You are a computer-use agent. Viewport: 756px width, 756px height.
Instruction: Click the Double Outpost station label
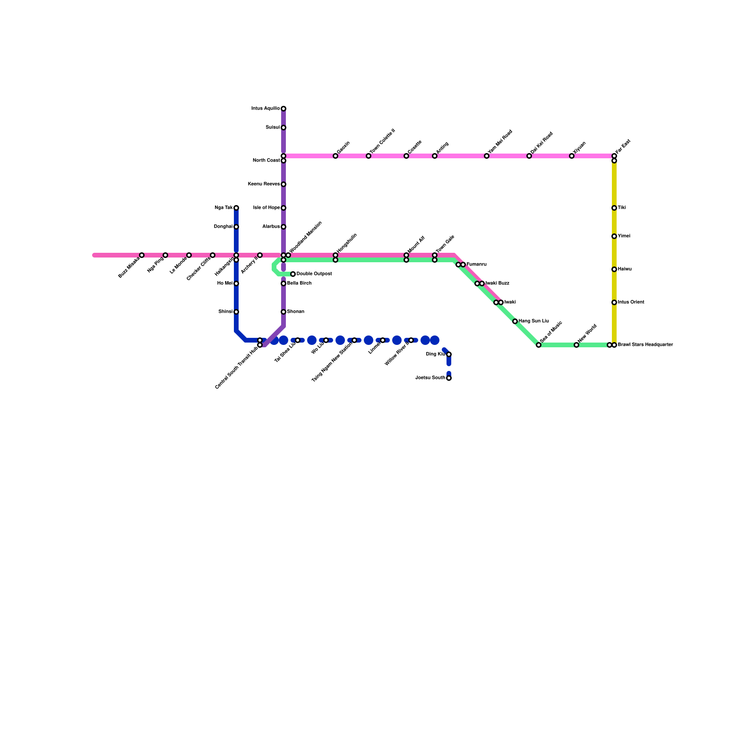tap(314, 274)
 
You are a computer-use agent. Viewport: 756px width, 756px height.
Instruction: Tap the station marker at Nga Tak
tap(236, 208)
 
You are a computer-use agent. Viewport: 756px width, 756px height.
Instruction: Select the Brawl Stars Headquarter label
tap(645, 345)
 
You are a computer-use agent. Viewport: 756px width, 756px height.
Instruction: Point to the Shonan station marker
tap(283, 312)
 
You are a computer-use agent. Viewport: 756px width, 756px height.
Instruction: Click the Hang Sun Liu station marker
tap(515, 321)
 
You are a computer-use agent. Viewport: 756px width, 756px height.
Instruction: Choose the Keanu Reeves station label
tap(266, 184)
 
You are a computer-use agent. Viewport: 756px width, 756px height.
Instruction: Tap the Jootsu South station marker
tap(449, 378)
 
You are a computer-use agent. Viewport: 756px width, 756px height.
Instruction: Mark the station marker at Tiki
tap(614, 208)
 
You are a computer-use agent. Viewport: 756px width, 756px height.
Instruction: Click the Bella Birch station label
tap(299, 283)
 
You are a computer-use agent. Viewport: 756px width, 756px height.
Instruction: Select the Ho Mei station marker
tap(236, 283)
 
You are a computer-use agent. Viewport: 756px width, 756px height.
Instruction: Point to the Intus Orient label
tap(631, 302)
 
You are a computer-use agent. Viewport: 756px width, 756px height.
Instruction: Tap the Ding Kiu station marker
tap(449, 354)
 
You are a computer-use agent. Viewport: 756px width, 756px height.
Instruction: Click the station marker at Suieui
tap(283, 128)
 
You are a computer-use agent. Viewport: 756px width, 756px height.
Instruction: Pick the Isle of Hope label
tap(266, 208)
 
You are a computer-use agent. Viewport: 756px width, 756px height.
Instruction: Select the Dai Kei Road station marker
tap(529, 156)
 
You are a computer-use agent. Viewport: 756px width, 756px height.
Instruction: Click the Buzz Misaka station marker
tap(142, 255)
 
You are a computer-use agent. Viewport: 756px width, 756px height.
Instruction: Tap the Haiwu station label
tap(625, 269)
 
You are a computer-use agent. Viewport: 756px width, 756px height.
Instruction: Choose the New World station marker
tap(576, 345)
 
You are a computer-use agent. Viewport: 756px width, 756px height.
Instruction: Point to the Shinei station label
tap(225, 312)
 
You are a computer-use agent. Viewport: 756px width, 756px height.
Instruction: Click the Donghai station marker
tap(236, 227)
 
